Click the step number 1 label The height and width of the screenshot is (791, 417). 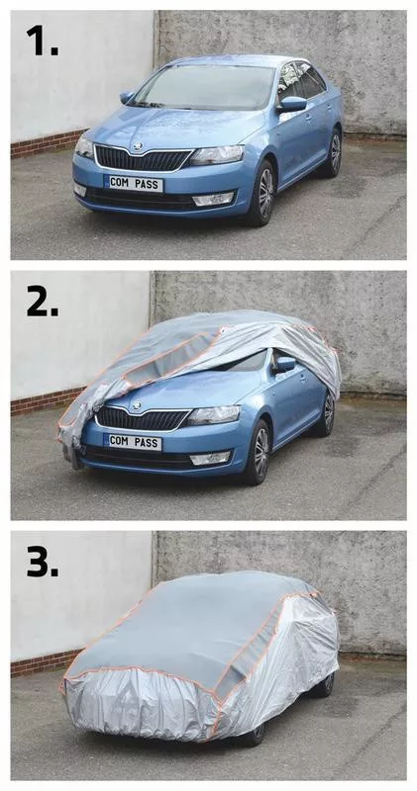[42, 40]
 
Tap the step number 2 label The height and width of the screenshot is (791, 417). [42, 301]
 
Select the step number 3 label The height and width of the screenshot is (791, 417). [42, 561]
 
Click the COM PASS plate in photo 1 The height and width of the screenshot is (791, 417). [134, 183]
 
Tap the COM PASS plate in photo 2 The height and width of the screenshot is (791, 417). [133, 442]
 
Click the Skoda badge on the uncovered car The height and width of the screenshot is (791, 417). [137, 146]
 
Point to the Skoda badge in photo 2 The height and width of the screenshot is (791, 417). [136, 405]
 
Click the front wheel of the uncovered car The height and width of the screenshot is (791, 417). [265, 193]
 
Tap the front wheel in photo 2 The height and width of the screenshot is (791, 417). [261, 452]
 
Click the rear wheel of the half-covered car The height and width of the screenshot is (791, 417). [329, 412]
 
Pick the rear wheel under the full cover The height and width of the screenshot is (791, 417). [328, 683]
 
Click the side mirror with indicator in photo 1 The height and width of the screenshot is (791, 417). [292, 105]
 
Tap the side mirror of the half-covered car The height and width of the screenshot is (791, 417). [284, 364]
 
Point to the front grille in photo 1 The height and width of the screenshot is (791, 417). [143, 158]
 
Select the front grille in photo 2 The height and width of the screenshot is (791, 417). [142, 417]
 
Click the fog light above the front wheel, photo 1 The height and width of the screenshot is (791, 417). [213, 199]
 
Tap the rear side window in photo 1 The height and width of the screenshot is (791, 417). [310, 79]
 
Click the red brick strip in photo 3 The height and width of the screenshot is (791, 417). [46, 661]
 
